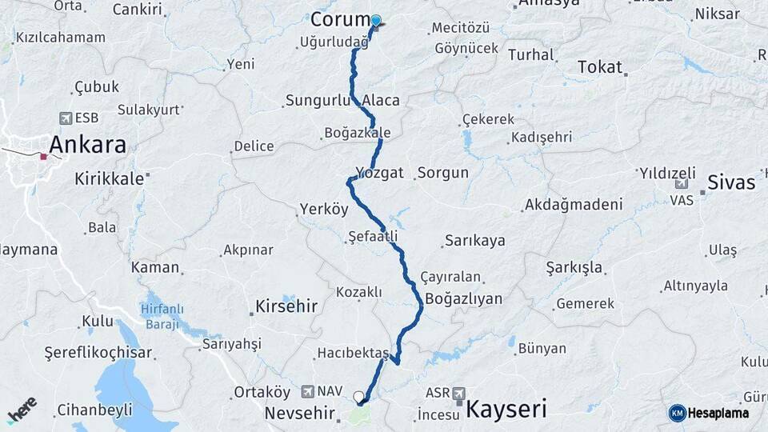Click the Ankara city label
(88, 145)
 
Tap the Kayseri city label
(506, 410)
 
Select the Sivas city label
(731, 182)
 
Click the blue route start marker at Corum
(375, 21)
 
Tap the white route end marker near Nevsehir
(358, 395)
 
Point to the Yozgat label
(380, 172)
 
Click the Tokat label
(599, 67)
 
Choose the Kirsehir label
(286, 306)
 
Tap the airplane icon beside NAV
(308, 391)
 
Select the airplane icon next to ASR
(458, 393)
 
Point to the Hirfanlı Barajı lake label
(162, 316)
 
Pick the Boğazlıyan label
(464, 298)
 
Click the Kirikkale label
(110, 179)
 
